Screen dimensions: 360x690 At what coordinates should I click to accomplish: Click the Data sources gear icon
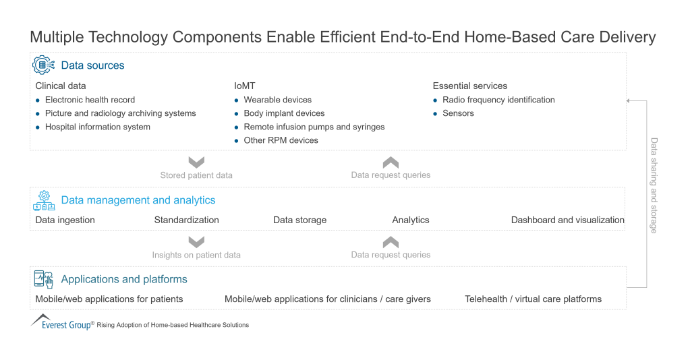[x=44, y=65]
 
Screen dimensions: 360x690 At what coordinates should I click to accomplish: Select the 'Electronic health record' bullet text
[x=90, y=100]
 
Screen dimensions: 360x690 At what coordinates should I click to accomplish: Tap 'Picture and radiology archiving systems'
[x=120, y=113]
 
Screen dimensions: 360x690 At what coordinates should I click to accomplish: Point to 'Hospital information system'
[x=97, y=127]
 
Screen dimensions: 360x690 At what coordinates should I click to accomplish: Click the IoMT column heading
[x=246, y=86]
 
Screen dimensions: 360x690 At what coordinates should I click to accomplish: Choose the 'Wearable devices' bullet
[x=277, y=100]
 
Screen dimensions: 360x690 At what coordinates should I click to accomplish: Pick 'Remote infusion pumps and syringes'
[x=314, y=127]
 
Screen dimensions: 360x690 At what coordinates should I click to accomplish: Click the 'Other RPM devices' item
[x=281, y=140]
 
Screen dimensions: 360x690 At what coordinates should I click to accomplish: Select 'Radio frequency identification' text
[x=498, y=100]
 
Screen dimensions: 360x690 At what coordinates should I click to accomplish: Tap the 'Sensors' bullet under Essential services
[x=458, y=113]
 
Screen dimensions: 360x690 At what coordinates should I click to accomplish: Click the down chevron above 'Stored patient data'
[x=196, y=162]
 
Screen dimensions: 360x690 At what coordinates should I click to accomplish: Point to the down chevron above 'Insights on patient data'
[x=196, y=242]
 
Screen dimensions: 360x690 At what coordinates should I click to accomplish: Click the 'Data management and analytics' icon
[x=44, y=200]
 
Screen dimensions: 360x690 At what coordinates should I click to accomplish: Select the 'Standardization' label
[x=186, y=220]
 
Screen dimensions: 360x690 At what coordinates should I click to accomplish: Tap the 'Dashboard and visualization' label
[x=567, y=220]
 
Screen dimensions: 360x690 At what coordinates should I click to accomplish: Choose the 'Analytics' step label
[x=410, y=220]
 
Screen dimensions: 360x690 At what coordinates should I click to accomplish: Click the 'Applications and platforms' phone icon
[x=44, y=279]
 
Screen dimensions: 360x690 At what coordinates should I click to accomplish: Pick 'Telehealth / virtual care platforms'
[x=533, y=299]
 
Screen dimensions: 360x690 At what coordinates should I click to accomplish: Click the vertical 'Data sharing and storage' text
[x=654, y=185]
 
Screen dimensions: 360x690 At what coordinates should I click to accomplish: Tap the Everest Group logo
[x=61, y=323]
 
